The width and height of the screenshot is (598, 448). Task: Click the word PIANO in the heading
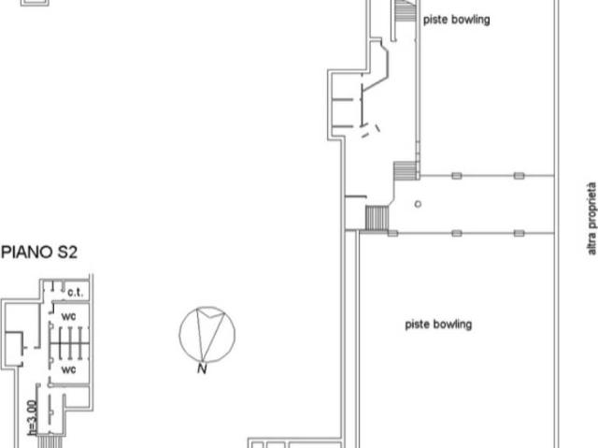tap(27, 253)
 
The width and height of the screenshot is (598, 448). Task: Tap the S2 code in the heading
tap(67, 253)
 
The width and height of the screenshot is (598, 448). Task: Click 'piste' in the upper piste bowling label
tap(434, 20)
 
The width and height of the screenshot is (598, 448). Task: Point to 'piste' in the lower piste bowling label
tap(417, 325)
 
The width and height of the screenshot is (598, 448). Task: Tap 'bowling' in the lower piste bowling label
tap(452, 325)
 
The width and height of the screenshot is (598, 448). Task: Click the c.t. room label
tap(75, 293)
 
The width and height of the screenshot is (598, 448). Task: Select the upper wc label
tap(68, 316)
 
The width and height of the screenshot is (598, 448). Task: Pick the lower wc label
tap(68, 369)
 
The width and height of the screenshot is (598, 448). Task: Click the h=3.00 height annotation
tap(33, 417)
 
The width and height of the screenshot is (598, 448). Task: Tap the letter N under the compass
tap(202, 369)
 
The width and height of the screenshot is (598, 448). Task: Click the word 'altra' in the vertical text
tap(591, 244)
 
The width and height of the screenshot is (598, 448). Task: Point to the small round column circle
tap(418, 204)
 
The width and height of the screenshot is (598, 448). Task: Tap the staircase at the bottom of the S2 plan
tap(50, 441)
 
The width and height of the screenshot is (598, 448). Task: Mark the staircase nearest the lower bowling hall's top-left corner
tap(377, 218)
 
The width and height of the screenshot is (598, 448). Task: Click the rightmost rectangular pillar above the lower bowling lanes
tap(520, 233)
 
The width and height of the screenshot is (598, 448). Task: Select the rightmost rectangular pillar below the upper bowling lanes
tap(520, 176)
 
